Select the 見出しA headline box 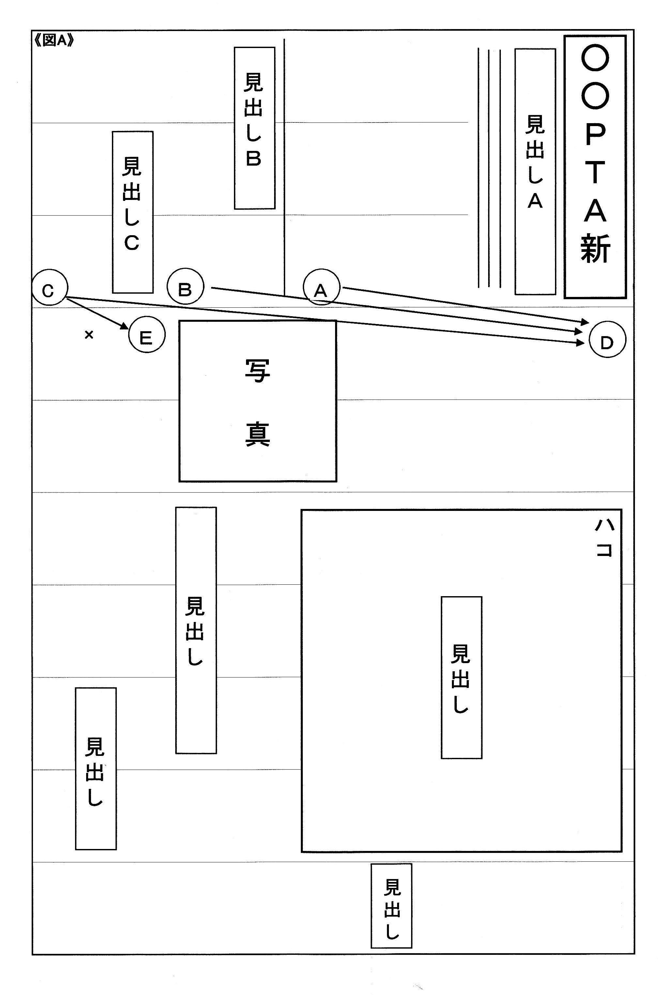point(535,171)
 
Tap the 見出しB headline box point(254,128)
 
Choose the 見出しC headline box point(132,212)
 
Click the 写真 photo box point(257,401)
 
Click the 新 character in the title point(595,249)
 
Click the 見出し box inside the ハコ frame point(461,677)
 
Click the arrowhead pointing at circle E point(124,326)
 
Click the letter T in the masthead point(595,172)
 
